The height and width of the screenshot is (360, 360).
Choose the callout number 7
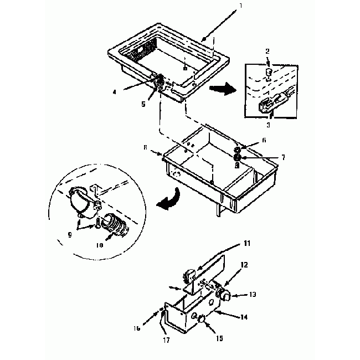pos(282,157)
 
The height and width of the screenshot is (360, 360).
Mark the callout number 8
pos(145,148)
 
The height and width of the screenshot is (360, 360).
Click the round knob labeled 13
pos(225,296)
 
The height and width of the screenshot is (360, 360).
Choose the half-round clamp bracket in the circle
pos(84,202)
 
